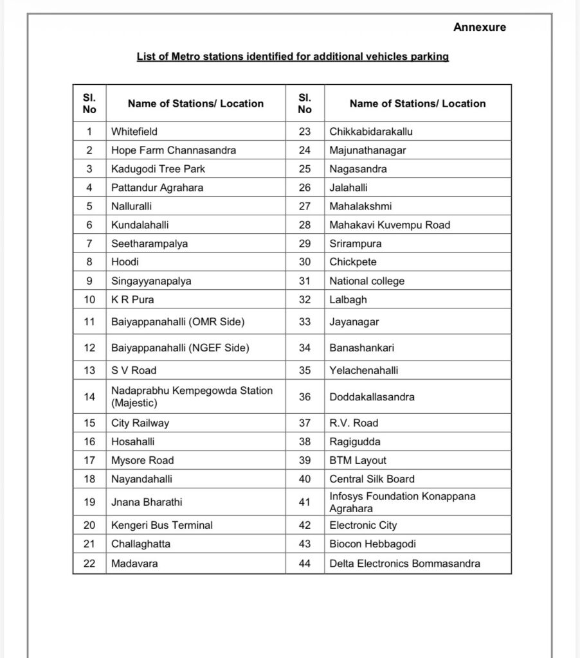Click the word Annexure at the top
479,27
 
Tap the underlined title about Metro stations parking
293,57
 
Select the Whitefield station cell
134,131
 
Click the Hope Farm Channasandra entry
174,150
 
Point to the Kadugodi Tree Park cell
158,169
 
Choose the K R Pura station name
133,299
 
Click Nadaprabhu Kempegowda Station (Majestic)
192,396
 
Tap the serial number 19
89,502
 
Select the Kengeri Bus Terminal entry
162,525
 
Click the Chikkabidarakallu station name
371,131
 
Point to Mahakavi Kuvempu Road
390,225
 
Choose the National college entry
367,281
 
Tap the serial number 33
305,321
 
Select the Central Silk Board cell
372,479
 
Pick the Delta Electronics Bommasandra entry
404,563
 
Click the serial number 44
305,563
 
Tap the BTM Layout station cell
358,460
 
